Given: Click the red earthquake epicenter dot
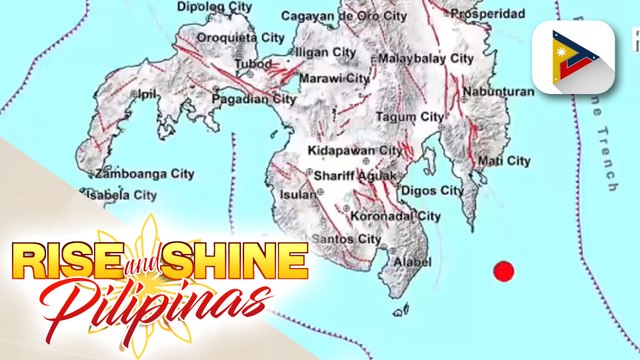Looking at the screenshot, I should (x=504, y=270).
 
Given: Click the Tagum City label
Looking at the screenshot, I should (x=409, y=117).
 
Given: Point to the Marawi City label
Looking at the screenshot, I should (x=337, y=78).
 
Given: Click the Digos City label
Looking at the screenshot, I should (x=431, y=190).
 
